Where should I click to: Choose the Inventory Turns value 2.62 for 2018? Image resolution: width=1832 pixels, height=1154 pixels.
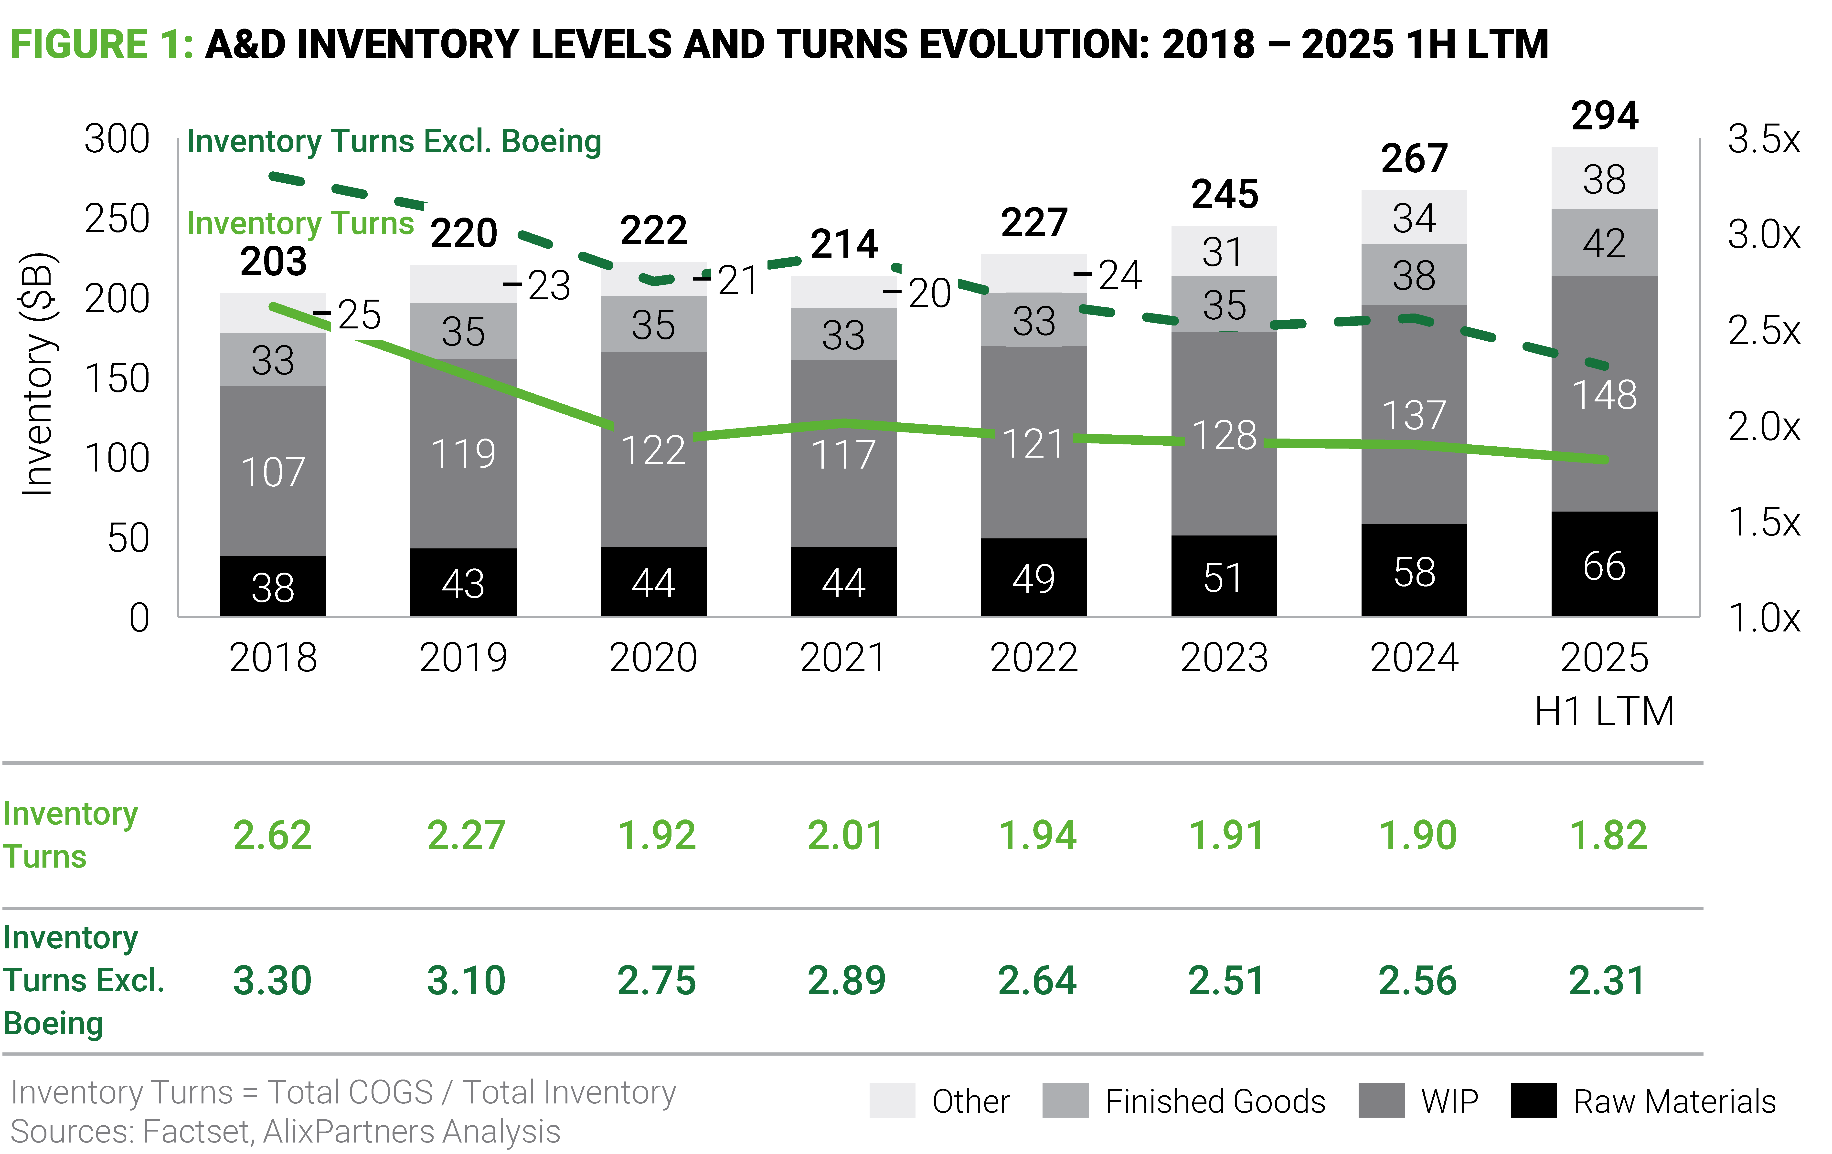coord(272,835)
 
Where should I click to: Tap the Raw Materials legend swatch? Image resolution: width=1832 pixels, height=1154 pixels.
coord(1533,1101)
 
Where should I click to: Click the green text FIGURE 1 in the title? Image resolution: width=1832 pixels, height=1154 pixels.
coord(101,44)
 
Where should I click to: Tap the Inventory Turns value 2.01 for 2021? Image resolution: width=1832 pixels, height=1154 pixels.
coord(846,835)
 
